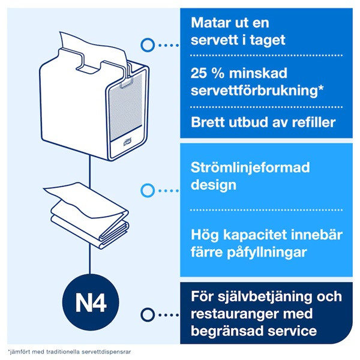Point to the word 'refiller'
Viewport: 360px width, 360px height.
point(326,122)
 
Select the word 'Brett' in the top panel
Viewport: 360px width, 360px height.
point(208,122)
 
